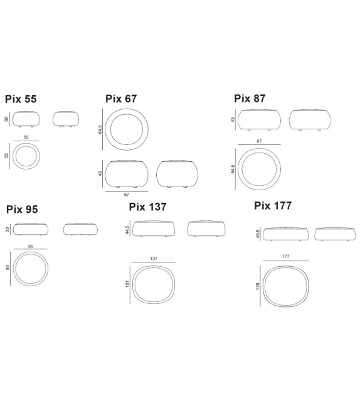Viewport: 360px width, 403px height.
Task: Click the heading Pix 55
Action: pos(21,99)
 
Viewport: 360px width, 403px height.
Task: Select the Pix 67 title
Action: pos(121,99)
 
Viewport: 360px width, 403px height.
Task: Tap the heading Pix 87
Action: pos(250,99)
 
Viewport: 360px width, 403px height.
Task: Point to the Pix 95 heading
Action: pos(22,209)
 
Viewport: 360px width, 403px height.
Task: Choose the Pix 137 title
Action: pos(147,207)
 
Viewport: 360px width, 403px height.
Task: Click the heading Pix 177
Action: pos(273,206)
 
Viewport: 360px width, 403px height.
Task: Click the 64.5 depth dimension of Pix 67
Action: pos(100,129)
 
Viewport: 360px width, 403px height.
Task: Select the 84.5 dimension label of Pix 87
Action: pos(233,169)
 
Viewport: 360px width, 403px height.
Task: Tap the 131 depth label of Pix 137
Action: pos(127,284)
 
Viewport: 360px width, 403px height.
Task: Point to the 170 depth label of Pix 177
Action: pos(258,286)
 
